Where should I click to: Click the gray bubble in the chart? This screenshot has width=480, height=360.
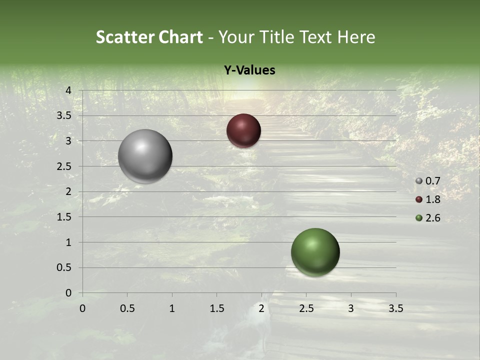145,156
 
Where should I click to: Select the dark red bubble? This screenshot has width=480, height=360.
243,130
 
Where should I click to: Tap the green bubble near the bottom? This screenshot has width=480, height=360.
315,252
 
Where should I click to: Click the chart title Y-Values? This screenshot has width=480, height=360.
249,70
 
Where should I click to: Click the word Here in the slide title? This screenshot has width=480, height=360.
356,36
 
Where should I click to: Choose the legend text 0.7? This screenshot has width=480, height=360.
432,181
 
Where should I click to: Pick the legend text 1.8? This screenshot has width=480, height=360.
432,199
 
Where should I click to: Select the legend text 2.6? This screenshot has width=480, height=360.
432,218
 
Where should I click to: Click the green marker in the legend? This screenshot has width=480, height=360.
419,218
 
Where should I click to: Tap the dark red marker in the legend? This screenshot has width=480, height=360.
419,199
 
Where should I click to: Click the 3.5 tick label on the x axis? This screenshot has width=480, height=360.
395,308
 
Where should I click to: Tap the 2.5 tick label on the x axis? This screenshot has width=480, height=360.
306,308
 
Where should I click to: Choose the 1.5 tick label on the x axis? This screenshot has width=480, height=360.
216,308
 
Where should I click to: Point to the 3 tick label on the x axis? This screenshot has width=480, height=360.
351,308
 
